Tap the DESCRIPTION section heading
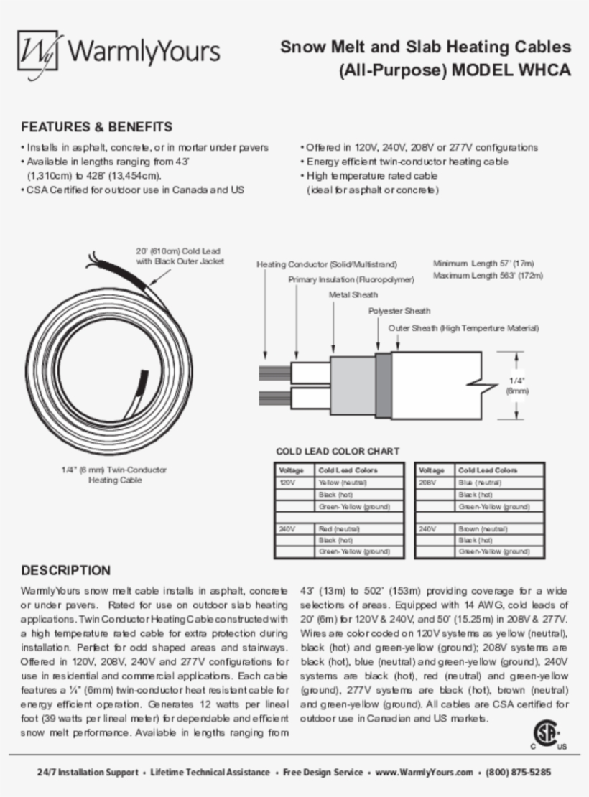click(66, 570)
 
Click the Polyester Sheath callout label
click(399, 311)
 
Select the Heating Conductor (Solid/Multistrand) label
click(327, 264)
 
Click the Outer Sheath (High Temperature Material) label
click(463, 328)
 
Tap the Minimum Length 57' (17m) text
click(483, 263)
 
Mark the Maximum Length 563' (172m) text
click(488, 275)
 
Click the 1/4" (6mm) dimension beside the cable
click(517, 386)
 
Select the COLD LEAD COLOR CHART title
click(338, 452)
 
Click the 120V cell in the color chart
click(287, 482)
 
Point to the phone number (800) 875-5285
click(519, 773)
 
